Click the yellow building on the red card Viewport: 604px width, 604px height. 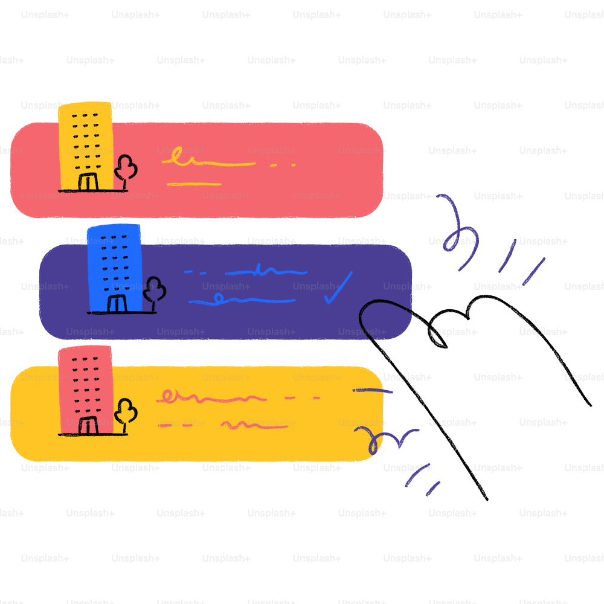click(86, 146)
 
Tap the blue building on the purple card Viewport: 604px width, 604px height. click(114, 268)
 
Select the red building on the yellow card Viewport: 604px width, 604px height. click(86, 390)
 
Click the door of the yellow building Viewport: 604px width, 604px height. click(88, 182)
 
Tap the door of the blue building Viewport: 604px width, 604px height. click(117, 304)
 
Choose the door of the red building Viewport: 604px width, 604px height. click(88, 425)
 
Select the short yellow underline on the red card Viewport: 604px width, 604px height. click(194, 184)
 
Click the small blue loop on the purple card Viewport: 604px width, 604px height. click(219, 298)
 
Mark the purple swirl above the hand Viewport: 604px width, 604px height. click(458, 231)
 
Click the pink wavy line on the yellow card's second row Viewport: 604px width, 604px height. click(254, 425)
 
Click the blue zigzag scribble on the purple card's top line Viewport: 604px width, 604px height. click(266, 271)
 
